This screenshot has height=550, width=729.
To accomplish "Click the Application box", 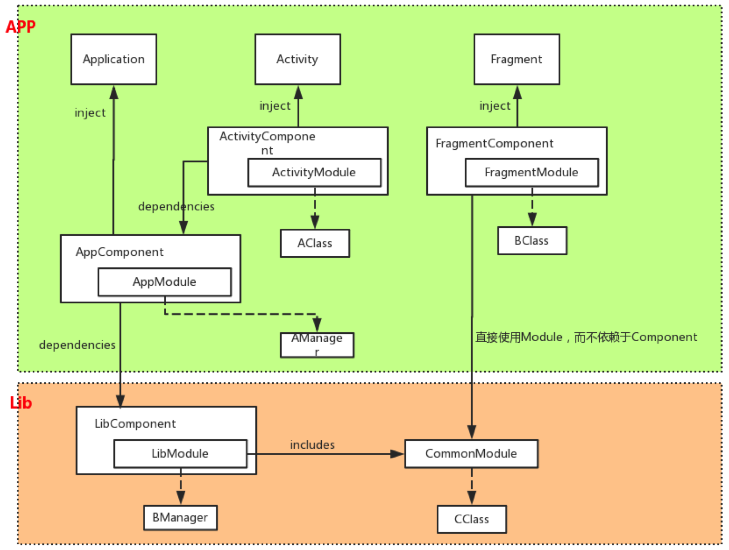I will click(113, 59).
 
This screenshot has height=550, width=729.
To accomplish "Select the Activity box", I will click(298, 59).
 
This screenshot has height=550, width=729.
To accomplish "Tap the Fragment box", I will click(516, 59).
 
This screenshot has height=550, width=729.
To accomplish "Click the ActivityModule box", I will click(314, 172).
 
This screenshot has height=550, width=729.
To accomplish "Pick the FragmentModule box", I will click(531, 172).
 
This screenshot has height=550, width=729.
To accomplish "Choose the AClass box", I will click(314, 243).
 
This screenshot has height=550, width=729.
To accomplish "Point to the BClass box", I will click(532, 240).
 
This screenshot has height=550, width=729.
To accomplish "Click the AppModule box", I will click(164, 282).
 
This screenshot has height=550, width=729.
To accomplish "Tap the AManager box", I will click(316, 345).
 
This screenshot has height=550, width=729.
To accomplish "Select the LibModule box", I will click(180, 453).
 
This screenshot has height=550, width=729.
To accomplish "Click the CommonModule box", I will click(471, 453).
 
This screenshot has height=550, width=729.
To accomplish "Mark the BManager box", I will click(180, 517).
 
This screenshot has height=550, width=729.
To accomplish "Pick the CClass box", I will click(472, 519).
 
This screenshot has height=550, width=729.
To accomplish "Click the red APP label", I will click(21, 26).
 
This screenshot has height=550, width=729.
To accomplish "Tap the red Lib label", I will click(21, 403).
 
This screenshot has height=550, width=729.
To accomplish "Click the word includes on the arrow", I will click(312, 445).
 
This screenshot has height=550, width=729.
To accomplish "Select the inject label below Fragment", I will click(495, 106).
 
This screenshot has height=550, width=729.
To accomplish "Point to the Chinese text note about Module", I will click(586, 337).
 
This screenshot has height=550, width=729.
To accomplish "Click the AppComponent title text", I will click(120, 252).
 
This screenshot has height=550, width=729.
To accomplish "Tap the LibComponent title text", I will click(135, 424).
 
